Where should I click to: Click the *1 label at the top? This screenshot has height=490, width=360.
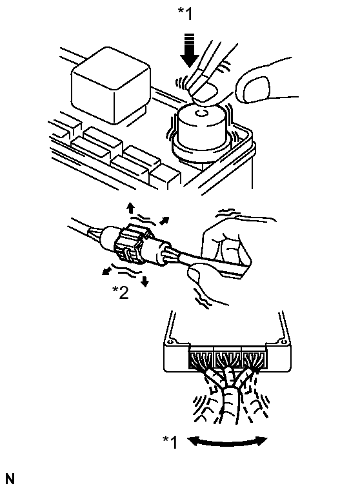pos(185,14)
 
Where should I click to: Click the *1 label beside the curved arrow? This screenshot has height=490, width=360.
pos(170,442)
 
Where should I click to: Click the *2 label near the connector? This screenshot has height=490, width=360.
pos(121,292)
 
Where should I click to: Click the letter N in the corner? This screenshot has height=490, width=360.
pos(10,479)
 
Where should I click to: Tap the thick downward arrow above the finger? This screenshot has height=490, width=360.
pos(190,50)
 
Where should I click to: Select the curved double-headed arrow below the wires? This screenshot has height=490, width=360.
pos(227,441)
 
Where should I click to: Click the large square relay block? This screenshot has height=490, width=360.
pos(111,85)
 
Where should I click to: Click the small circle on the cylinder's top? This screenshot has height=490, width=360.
pos(201,113)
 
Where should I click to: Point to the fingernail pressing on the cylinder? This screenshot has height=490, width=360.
pos(205,92)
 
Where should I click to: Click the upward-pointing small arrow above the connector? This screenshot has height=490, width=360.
pos(130,207)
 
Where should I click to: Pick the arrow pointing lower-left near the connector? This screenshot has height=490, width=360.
pos(108,270)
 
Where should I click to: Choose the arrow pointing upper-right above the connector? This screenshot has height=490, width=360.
pos(165,221)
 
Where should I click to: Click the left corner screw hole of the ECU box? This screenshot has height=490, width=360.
pos(170,342)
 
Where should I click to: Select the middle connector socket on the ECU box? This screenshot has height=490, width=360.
pos(228,360)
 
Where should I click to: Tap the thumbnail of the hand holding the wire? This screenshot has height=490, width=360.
pos(194,274)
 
